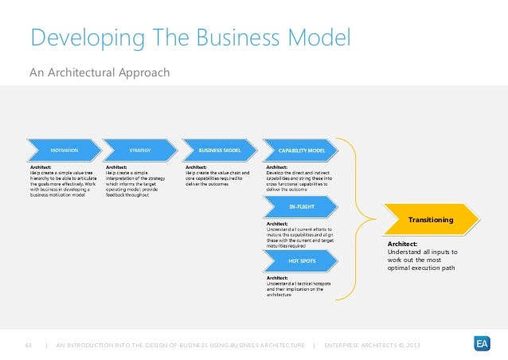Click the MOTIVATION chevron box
pyautogui.click(x=64, y=149)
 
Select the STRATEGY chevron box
pyautogui.click(x=142, y=149)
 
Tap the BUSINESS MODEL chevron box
pyautogui.click(x=221, y=149)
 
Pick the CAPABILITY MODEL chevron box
pyautogui.click(x=300, y=149)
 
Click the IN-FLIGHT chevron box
pyautogui.click(x=300, y=206)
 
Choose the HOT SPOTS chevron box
pyautogui.click(x=300, y=260)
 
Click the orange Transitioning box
pyautogui.click(x=431, y=219)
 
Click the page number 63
pyautogui.click(x=29, y=344)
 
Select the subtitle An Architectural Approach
pyautogui.click(x=99, y=73)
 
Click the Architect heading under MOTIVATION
pyautogui.click(x=39, y=166)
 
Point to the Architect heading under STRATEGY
pyautogui.click(x=117, y=166)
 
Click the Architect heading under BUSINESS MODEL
pyautogui.click(x=196, y=166)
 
